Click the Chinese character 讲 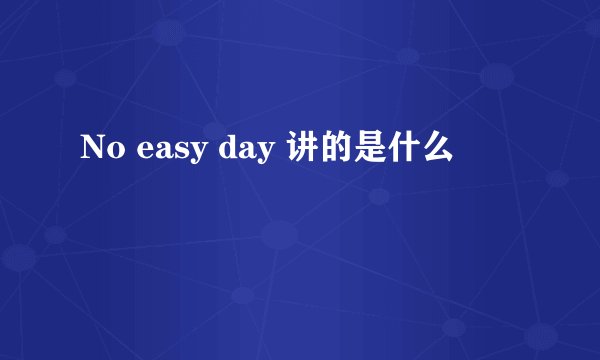tap(304, 151)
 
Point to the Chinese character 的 tap(337, 151)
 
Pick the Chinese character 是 tap(371, 151)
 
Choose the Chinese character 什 tap(405, 151)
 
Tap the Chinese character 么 tap(439, 151)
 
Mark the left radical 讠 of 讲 tap(294, 151)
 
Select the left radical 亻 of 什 tap(393, 151)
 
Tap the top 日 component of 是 tap(371, 142)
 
